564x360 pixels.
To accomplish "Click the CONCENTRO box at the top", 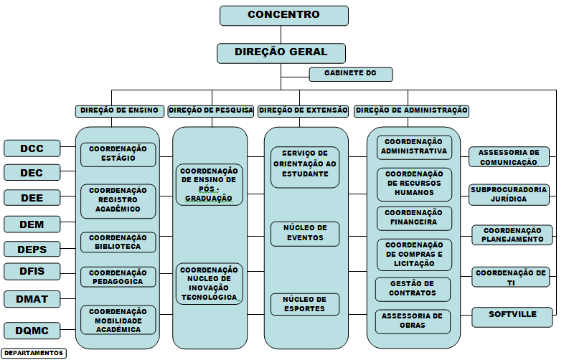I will coord(283,16).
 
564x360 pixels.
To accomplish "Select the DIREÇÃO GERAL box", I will coord(281,53).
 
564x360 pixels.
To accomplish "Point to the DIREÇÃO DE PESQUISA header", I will coord(211,110).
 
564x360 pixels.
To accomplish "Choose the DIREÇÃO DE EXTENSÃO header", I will coord(303,110).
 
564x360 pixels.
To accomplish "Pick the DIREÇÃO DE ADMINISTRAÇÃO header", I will coord(411,110).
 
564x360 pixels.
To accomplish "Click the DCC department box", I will coord(32,148).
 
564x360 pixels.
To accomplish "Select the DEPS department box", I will coord(32,249).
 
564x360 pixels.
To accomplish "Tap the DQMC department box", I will coord(32,330).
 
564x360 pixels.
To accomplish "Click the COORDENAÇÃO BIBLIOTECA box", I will coord(118,242).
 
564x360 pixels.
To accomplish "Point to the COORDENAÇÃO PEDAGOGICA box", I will coord(118,277).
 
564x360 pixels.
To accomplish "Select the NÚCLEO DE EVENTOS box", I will coord(304,232).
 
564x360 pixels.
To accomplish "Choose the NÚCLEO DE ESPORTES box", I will coord(304,304).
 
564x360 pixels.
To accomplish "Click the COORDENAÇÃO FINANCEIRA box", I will coord(414,218).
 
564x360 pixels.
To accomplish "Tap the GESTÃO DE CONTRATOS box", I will coord(413,289).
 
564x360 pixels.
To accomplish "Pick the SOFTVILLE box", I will coord(512,316).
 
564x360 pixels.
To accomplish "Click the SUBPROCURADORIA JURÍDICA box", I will coord(509,194).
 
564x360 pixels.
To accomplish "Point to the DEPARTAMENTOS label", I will coord(34,353).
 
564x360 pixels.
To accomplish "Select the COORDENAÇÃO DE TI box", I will coord(511,278).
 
